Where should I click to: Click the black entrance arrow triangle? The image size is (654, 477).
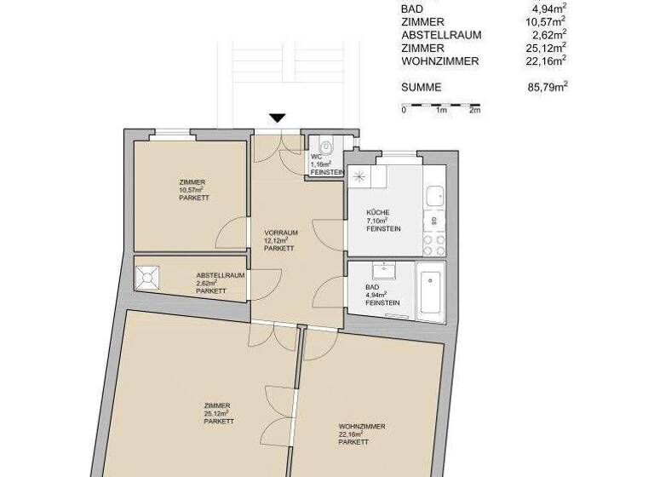(278, 119)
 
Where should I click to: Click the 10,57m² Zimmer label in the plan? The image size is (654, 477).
(193, 189)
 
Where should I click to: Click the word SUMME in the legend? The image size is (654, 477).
(422, 87)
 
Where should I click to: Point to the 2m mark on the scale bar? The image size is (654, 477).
(474, 111)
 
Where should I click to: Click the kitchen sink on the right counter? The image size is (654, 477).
(434, 195)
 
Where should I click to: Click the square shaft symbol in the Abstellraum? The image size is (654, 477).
(149, 278)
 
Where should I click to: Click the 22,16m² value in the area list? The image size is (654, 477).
(547, 61)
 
